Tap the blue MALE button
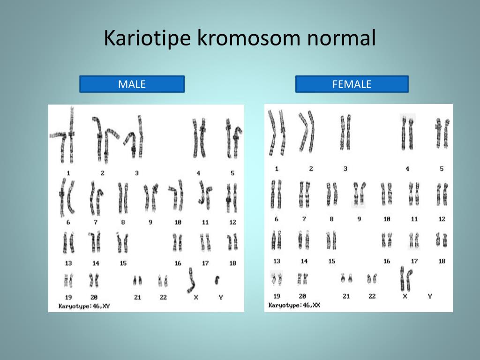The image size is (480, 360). (132, 84)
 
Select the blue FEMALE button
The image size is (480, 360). (352, 84)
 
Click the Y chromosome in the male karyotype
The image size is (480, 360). (217, 280)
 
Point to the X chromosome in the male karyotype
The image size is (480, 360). (191, 280)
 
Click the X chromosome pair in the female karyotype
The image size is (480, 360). (405, 278)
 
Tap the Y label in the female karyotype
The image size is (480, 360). (430, 296)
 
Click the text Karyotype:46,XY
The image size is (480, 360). (84, 306)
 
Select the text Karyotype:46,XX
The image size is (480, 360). (294, 305)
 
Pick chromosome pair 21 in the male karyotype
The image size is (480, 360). (137, 281)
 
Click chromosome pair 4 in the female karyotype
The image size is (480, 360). (407, 134)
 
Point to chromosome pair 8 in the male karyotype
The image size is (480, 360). (123, 198)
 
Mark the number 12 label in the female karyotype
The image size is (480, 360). (442, 219)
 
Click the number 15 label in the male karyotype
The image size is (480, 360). (123, 263)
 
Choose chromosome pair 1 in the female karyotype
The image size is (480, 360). (277, 133)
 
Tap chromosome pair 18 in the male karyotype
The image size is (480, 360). (232, 242)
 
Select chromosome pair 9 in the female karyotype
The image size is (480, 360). (359, 194)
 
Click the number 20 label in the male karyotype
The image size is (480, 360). (94, 297)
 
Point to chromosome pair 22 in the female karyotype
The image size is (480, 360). (372, 278)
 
